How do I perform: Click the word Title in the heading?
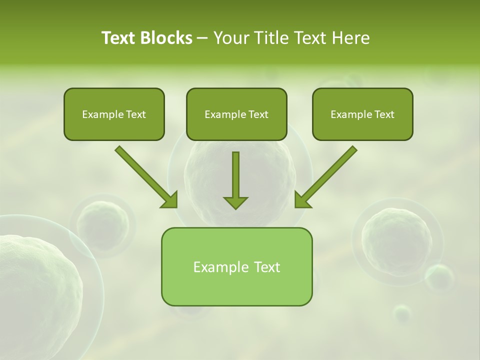269,38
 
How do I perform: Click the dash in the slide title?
202,38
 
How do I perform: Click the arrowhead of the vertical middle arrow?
235,202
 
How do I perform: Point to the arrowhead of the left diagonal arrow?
170,200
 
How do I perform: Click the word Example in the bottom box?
214,267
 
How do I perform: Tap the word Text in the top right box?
384,114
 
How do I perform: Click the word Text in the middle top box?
258,114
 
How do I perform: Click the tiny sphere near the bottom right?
402,313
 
